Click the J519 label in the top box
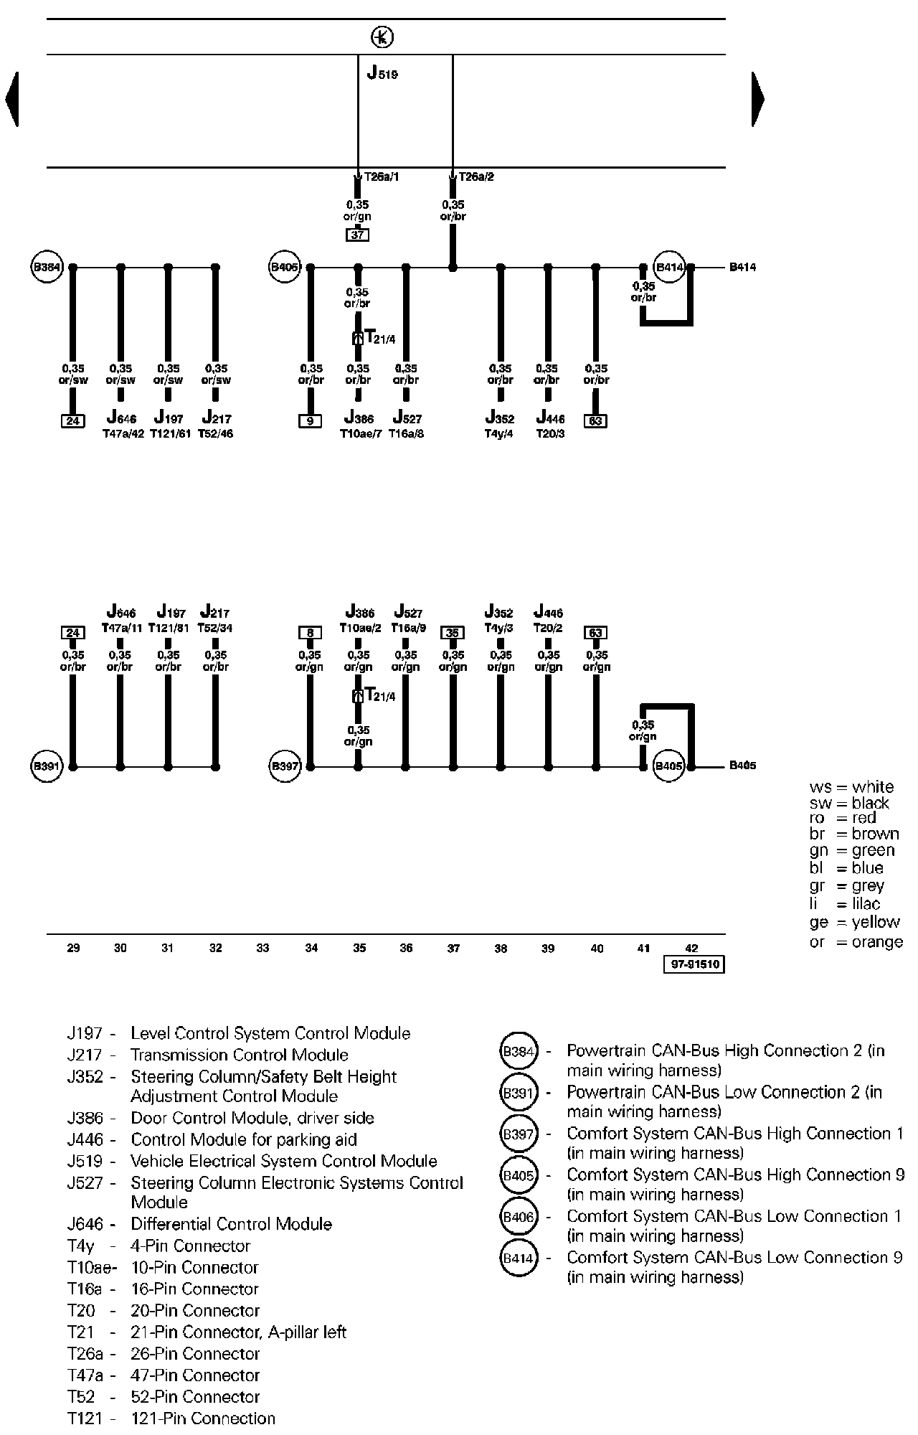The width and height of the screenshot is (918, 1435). tap(382, 72)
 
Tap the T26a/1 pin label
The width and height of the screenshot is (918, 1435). tap(382, 177)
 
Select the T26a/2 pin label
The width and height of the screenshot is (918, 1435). tap(476, 177)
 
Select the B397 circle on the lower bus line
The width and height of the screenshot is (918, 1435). tap(285, 766)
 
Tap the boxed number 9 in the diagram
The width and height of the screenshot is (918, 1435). tap(310, 421)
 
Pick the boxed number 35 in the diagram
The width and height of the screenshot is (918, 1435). tap(453, 632)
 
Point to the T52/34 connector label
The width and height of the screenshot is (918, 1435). tap(215, 628)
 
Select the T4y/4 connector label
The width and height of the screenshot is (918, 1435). tap(499, 433)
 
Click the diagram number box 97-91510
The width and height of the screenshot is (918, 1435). tap(694, 965)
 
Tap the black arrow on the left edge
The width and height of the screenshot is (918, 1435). tap(11, 99)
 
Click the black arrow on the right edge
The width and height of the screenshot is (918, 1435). tap(758, 99)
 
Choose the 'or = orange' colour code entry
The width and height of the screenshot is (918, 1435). tap(856, 942)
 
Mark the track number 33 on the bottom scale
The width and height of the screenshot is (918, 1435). tap(262, 948)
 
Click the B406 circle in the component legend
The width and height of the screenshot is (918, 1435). tap(518, 1217)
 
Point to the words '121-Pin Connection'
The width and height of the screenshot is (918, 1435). tap(203, 1418)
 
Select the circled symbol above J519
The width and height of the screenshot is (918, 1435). tap(383, 37)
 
